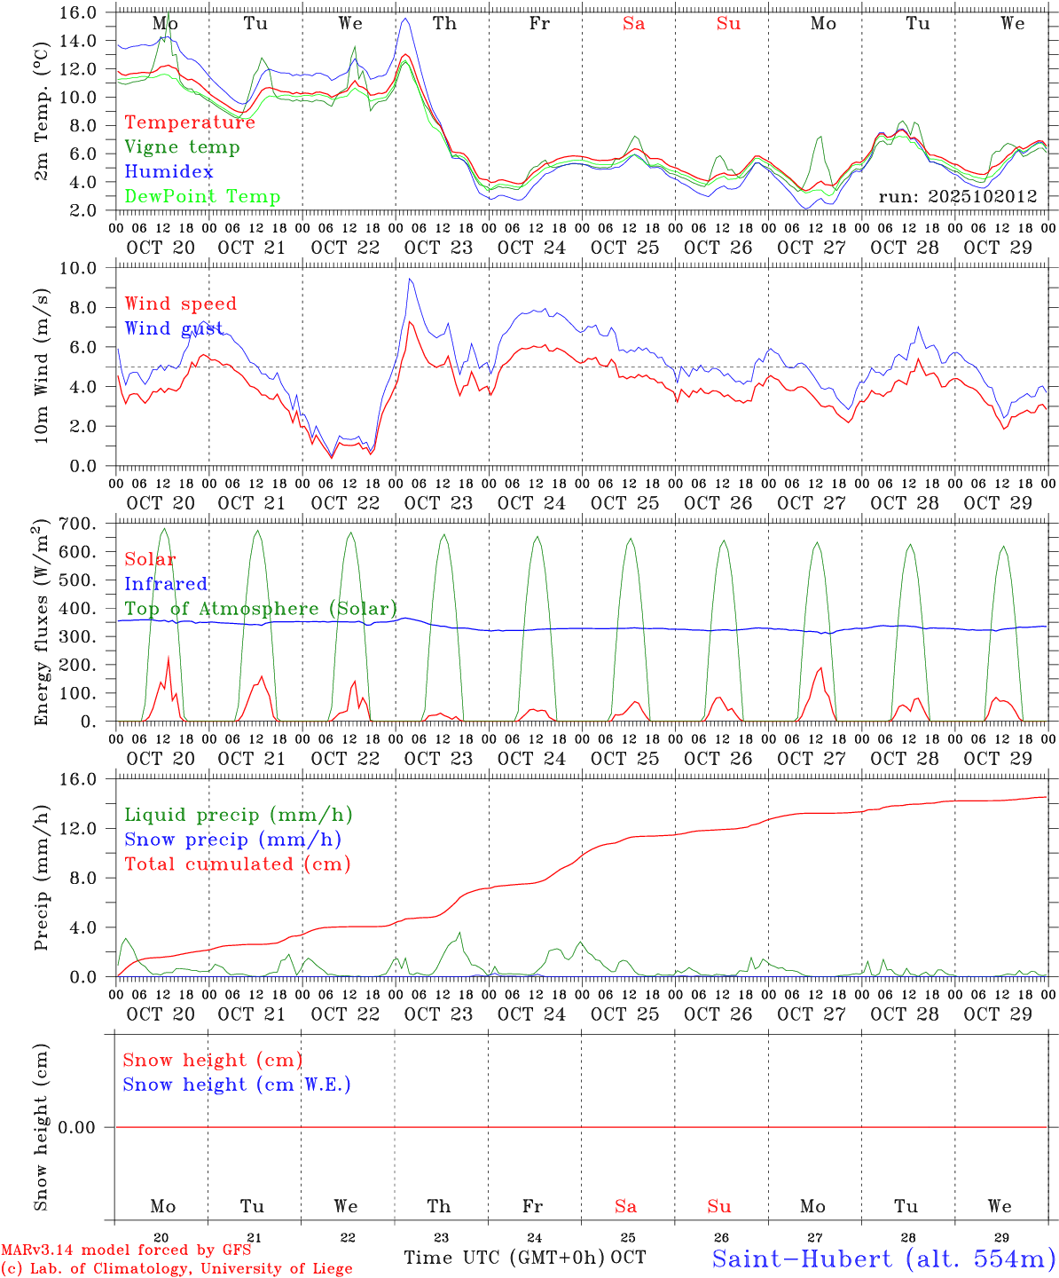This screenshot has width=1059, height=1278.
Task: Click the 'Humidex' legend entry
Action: click(169, 172)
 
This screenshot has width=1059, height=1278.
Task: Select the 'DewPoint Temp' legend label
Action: click(202, 197)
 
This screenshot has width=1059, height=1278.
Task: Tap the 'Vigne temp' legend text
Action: click(182, 147)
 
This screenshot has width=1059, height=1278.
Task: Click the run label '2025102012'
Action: click(958, 197)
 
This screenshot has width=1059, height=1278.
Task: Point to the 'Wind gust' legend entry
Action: click(174, 328)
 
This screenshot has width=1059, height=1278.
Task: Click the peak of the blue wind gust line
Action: click(409, 280)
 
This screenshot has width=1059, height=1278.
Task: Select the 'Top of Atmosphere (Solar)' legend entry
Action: click(261, 609)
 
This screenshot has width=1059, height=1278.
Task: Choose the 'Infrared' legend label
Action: click(166, 584)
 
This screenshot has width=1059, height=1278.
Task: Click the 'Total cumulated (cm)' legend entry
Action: click(237, 864)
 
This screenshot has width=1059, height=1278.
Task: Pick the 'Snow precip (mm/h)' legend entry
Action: click(232, 840)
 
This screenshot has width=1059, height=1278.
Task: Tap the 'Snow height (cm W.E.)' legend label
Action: click(237, 1085)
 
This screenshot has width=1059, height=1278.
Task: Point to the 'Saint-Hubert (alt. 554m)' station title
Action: click(883, 1258)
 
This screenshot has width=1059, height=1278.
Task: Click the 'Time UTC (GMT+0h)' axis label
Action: click(505, 1258)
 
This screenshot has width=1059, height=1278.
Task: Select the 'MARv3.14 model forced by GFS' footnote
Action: click(125, 1250)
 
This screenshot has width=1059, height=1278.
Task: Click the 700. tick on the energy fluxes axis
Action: click(79, 524)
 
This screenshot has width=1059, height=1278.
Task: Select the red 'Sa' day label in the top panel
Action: click(633, 24)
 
